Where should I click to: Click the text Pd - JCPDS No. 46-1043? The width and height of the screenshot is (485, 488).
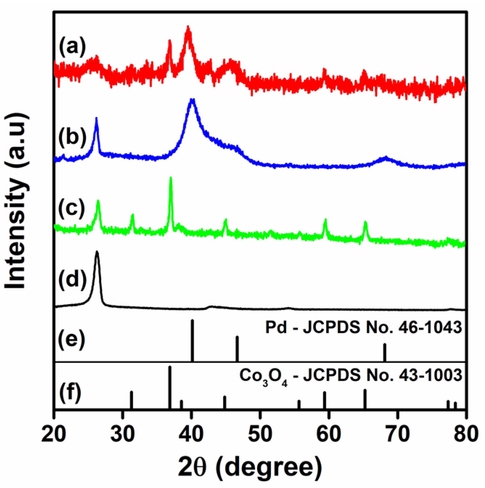(363, 328)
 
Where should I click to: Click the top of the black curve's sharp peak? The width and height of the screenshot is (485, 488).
(97, 252)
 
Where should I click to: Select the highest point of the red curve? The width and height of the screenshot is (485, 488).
(188, 27)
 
